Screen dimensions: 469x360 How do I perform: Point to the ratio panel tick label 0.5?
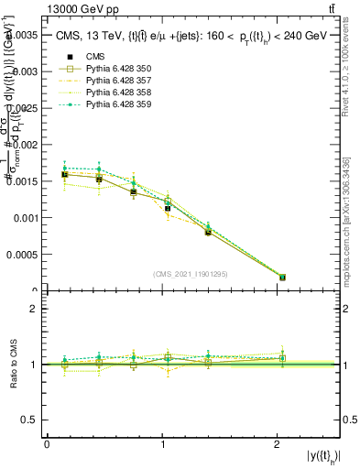32,420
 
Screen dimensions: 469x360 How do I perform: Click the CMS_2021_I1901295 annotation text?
191,274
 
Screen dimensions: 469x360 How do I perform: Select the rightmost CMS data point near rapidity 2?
282,277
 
